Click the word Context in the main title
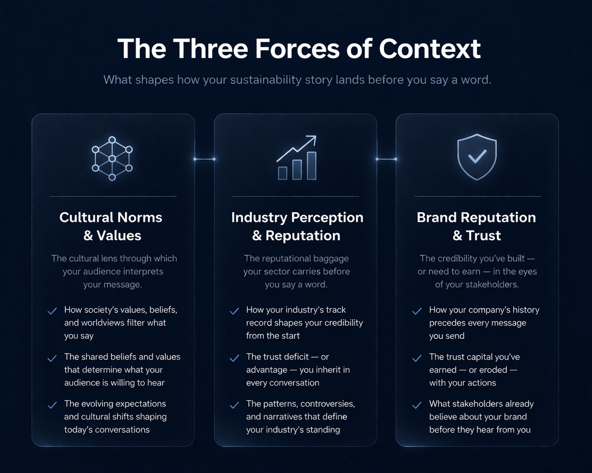pos(430,49)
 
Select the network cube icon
pos(112,158)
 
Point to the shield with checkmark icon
pos(477,157)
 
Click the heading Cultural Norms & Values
pos(111,226)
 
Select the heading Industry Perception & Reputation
pos(297,226)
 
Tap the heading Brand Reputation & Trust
pos(476,226)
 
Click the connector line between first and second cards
pos(204,159)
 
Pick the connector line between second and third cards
pos(386,159)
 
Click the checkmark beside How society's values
pos(52,311)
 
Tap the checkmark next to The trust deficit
pos(234,358)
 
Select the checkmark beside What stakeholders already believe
pos(417,405)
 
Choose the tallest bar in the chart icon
pos(312,166)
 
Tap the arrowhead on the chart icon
pos(312,139)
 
